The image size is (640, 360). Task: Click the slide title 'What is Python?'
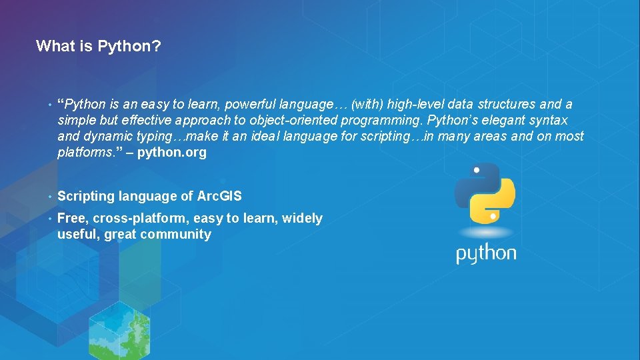(x=98, y=46)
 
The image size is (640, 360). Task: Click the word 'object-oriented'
(x=293, y=120)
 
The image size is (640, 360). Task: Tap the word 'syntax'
(x=548, y=120)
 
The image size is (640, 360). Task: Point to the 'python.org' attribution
(x=172, y=152)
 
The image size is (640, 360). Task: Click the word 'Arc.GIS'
(x=220, y=196)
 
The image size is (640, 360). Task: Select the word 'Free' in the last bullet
(x=71, y=218)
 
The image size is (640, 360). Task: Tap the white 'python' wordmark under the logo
(x=486, y=254)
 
